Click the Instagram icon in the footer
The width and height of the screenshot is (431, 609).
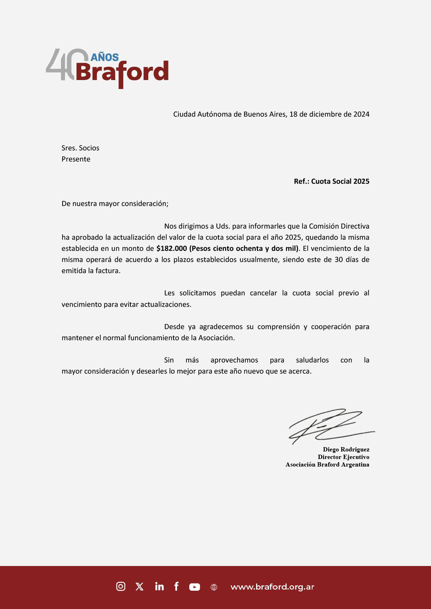click(121, 586)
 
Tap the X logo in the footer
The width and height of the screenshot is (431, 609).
click(139, 587)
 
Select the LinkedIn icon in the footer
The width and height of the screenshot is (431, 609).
click(159, 586)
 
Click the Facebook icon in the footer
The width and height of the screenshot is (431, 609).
click(176, 586)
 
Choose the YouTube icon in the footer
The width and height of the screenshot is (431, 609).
click(195, 587)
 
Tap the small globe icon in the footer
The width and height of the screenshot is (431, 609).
click(214, 587)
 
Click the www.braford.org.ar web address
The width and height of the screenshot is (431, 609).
click(272, 587)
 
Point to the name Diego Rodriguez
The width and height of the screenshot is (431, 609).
click(346, 449)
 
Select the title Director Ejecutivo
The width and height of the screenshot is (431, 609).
click(343, 457)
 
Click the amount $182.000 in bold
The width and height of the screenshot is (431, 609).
click(172, 248)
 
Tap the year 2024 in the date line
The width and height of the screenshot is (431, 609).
click(361, 114)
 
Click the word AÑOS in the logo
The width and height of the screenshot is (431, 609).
click(105, 57)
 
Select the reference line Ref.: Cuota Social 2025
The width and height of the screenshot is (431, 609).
click(332, 181)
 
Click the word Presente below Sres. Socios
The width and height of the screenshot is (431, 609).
click(76, 159)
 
